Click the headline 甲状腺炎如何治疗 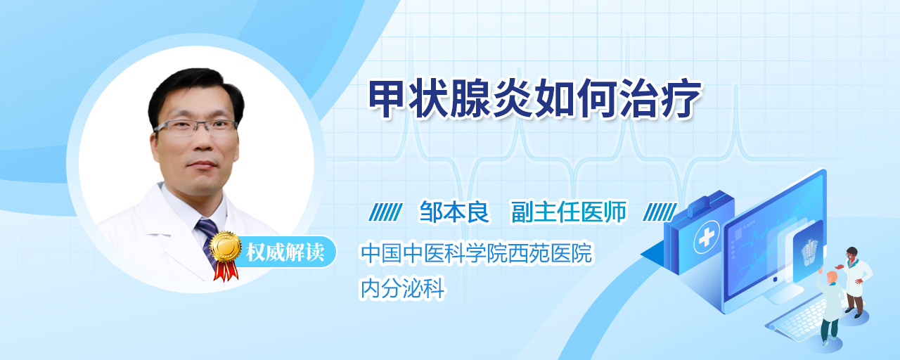535,98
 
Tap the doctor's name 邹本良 454,212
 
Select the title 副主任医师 569,212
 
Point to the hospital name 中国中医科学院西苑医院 477,253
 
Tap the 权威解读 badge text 285,252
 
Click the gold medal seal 226,246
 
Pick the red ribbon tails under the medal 226,271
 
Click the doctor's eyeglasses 195,127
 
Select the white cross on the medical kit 707,238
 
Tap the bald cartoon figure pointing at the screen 829,308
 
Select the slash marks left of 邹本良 385,212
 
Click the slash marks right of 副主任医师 660,212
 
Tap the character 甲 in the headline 387,98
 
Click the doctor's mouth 202,165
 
